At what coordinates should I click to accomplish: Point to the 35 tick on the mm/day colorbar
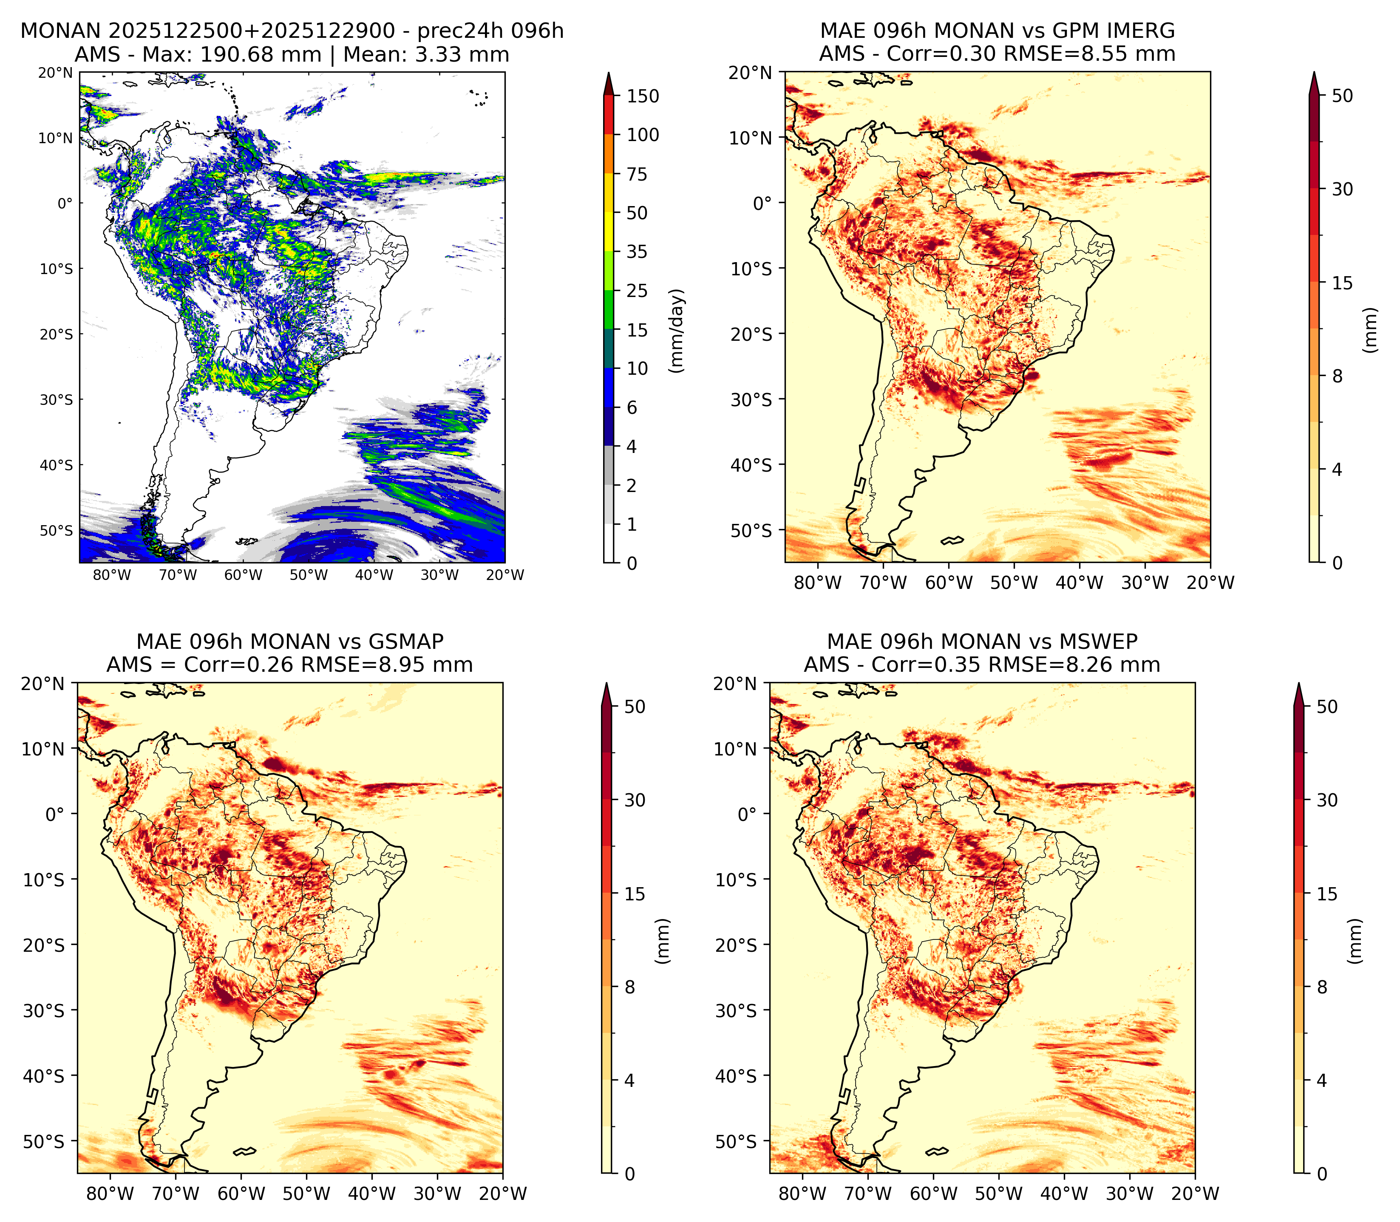pos(637,252)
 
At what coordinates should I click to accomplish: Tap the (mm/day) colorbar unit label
pos(677,331)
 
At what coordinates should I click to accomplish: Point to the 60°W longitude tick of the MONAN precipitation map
pos(244,575)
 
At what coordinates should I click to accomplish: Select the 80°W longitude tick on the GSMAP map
pos(111,1194)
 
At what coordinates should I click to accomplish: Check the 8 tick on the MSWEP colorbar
pos(1322,987)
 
